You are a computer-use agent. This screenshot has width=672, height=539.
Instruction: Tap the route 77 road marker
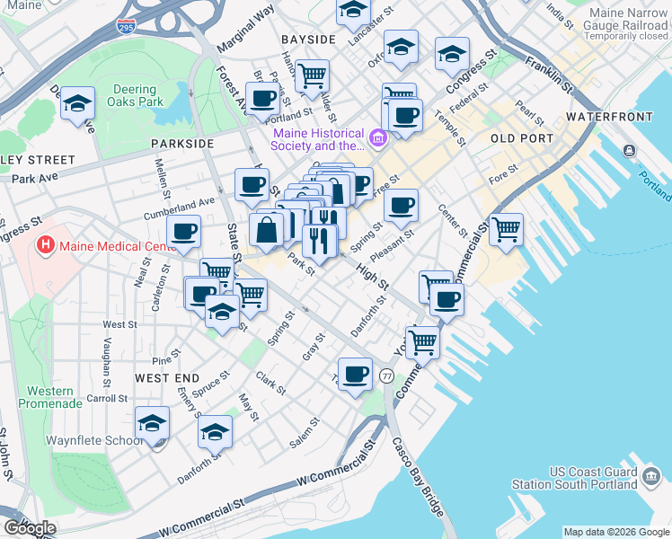click(x=387, y=374)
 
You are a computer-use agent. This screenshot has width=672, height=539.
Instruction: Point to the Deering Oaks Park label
click(x=138, y=96)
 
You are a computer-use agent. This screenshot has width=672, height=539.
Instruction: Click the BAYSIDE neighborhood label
click(x=307, y=40)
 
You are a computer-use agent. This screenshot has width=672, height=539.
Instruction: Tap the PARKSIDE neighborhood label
click(x=182, y=143)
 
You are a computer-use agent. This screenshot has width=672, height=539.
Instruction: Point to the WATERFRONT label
click(x=609, y=118)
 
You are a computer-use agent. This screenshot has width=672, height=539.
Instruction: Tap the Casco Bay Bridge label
click(x=418, y=476)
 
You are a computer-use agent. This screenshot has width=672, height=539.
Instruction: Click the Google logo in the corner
click(x=29, y=528)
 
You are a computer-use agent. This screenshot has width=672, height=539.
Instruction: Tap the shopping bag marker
click(x=268, y=230)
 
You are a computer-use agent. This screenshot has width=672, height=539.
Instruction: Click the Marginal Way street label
click(x=244, y=30)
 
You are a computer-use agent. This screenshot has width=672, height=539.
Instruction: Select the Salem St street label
click(x=304, y=433)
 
